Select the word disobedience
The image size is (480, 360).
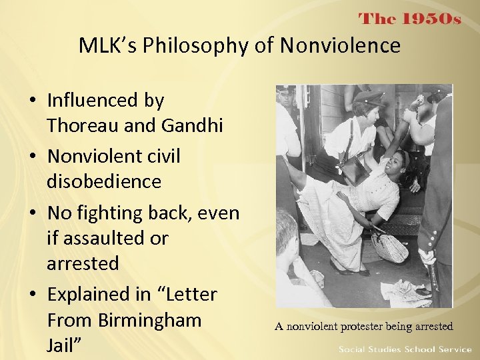pos(104,181)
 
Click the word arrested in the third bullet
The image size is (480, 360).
pos(83,263)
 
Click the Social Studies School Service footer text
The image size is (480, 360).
pos(405,349)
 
